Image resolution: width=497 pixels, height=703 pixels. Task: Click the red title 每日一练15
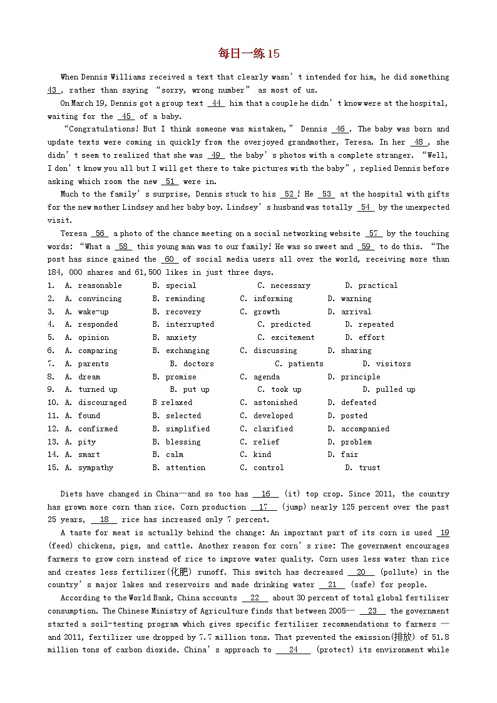click(x=248, y=54)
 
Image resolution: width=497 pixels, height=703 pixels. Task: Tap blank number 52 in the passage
click(x=289, y=194)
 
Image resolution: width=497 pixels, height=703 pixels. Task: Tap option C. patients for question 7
click(x=299, y=364)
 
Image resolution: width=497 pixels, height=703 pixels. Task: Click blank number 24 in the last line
click(x=293, y=650)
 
